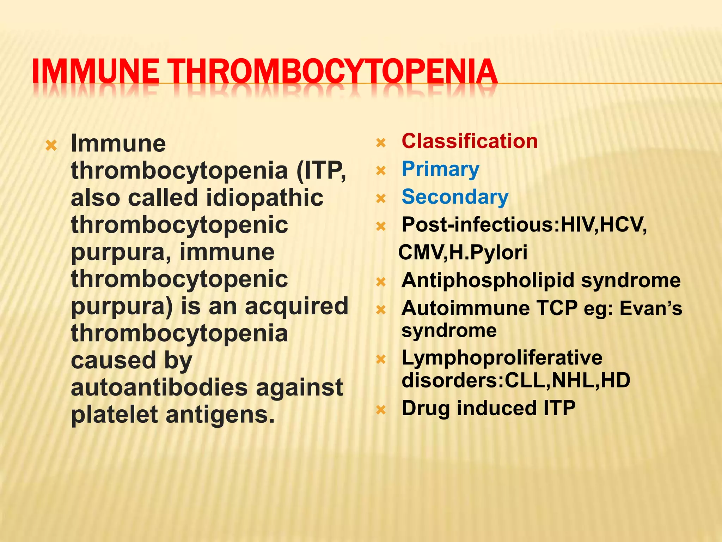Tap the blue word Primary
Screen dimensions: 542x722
[x=440, y=169]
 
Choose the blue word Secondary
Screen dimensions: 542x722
[x=455, y=197]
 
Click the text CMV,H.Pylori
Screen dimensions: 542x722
[x=463, y=252]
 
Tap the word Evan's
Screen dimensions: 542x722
[x=651, y=308]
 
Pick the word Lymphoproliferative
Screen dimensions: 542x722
[x=502, y=357]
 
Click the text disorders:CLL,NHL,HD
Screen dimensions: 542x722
[x=516, y=380]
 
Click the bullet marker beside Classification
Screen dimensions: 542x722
[x=381, y=143]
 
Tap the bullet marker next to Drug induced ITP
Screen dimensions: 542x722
[x=381, y=410]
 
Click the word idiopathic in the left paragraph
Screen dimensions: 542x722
[x=265, y=198]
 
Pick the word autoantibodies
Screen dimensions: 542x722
[x=159, y=387]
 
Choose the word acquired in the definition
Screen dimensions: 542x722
[x=296, y=306]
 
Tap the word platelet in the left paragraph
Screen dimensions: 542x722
[x=114, y=415]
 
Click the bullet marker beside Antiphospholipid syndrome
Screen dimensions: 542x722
[x=381, y=282]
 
